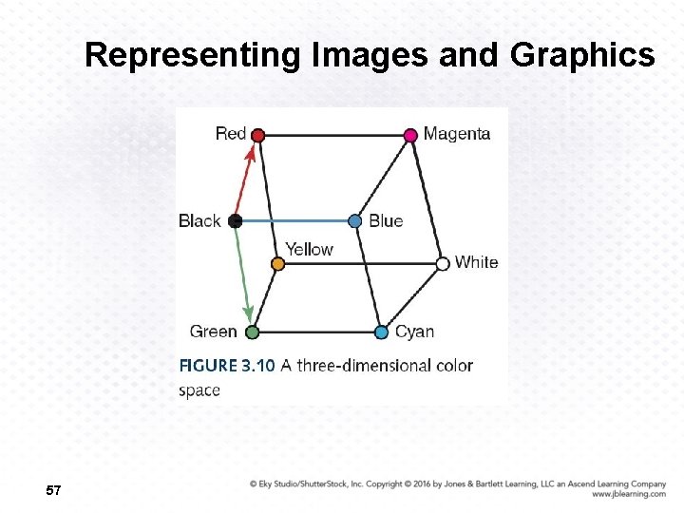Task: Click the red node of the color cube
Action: coord(257,135)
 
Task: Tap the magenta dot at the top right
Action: coord(410,135)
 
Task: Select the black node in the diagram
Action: coord(236,220)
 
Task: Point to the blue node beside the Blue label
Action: coord(354,220)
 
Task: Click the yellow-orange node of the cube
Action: coord(277,263)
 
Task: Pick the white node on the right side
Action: coord(442,263)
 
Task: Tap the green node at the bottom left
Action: coord(252,332)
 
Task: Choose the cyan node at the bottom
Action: coord(381,332)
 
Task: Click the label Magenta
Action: coord(457,134)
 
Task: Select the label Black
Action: coord(199,220)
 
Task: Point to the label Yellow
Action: coord(309,249)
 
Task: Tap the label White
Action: coord(476,262)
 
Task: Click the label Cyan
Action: coord(414,332)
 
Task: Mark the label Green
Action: coord(213,332)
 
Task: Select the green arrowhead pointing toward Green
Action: coord(249,313)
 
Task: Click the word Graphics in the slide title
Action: coord(582,56)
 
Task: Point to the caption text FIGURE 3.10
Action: coord(227,366)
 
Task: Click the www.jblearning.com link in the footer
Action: coord(628,494)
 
